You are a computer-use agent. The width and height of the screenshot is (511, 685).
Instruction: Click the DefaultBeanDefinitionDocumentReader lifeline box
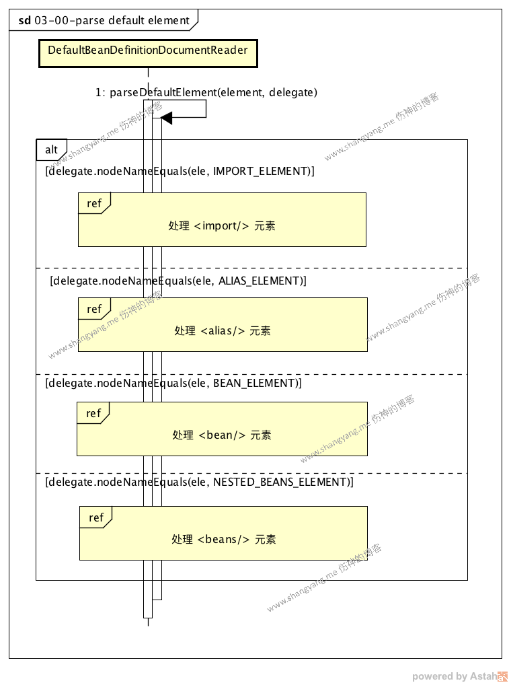coord(148,51)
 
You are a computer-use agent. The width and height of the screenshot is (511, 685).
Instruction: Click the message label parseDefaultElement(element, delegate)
coord(206,92)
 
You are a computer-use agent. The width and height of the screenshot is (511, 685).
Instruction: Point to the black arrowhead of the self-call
coord(167,118)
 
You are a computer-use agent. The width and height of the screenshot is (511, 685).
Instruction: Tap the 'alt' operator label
coord(51,149)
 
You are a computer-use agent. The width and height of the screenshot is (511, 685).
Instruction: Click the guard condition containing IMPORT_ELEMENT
coord(180,171)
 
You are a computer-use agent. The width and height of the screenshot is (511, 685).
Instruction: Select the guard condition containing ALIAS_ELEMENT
coord(178,281)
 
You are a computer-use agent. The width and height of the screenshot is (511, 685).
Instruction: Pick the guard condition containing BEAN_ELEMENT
coord(173,383)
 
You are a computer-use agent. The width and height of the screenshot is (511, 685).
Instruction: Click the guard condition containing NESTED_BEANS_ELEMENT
coord(199,482)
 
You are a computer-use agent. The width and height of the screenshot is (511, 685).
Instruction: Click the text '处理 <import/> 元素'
coord(221,225)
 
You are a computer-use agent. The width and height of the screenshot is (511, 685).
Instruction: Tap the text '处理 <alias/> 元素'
coord(222,330)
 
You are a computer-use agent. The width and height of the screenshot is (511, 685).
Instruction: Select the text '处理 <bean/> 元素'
coord(221,435)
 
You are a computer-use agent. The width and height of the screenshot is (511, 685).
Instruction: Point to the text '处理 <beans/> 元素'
coord(223,539)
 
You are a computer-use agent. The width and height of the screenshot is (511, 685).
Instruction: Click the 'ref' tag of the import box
coord(93,203)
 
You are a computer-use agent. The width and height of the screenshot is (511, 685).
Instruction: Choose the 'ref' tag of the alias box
coord(94,309)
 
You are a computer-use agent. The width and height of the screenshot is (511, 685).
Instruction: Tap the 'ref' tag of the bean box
coord(93,413)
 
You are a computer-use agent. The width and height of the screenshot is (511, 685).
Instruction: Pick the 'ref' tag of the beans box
coord(95,517)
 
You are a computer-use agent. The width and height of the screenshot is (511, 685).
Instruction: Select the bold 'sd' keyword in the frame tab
coord(24,20)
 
